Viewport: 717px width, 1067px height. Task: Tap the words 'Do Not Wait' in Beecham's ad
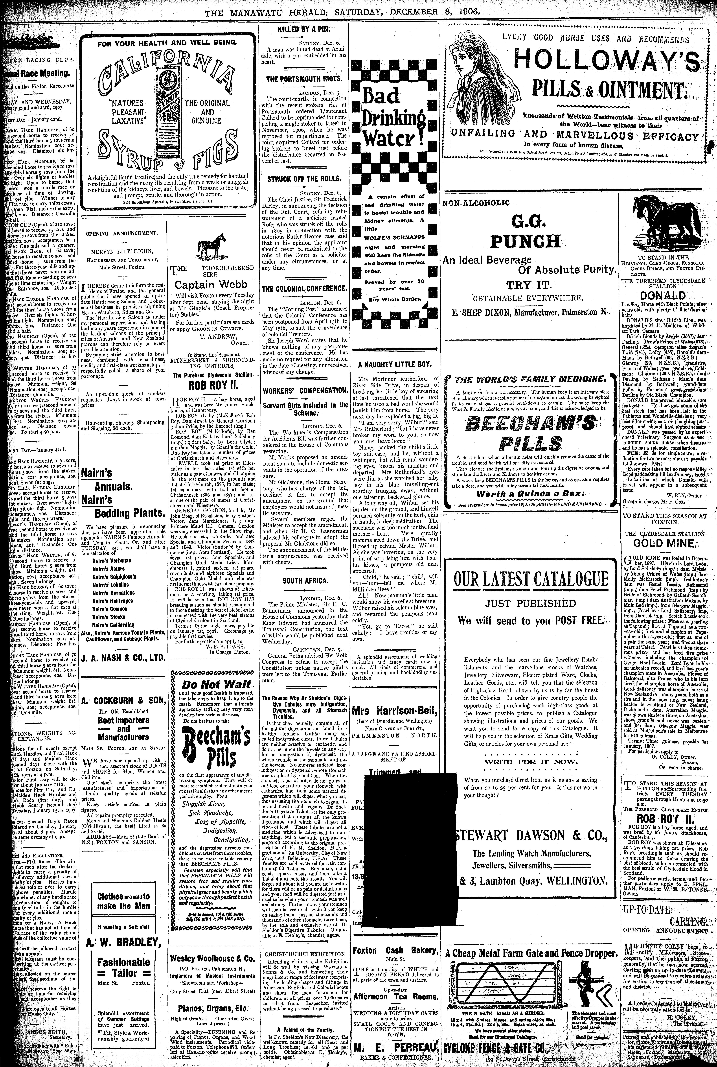coord(216,685)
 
